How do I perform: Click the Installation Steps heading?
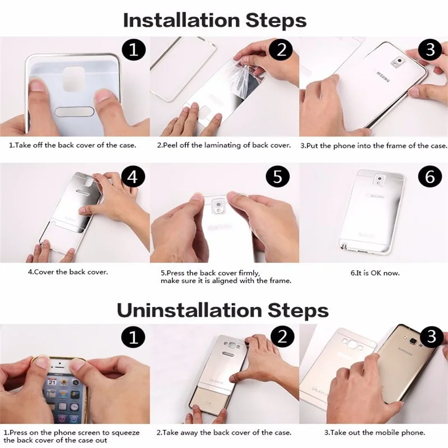(x=214, y=21)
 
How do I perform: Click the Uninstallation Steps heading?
(x=222, y=310)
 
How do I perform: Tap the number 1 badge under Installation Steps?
(x=134, y=50)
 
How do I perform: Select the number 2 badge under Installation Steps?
(x=282, y=49)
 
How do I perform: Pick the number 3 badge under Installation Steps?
(x=430, y=49)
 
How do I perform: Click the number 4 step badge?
(x=133, y=176)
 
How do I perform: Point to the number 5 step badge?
(x=277, y=176)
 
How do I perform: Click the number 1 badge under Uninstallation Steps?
(x=133, y=337)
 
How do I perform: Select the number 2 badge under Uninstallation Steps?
(x=282, y=337)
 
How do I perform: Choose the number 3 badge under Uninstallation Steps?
(x=431, y=337)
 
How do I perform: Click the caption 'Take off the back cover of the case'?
(x=75, y=145)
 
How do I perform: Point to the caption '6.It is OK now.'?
(x=375, y=273)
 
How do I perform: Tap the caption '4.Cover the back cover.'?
(x=68, y=272)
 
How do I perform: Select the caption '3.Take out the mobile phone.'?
(x=375, y=432)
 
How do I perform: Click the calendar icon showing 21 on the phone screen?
(x=52, y=382)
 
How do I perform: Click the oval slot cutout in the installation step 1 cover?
(x=74, y=111)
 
